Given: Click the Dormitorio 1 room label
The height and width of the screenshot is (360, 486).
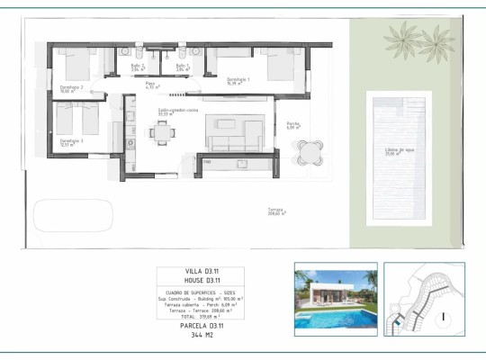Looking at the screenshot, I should click(238, 80).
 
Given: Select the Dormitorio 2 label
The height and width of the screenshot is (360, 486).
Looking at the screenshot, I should click(71, 87).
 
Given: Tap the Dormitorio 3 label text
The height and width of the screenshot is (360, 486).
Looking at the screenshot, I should click(71, 141).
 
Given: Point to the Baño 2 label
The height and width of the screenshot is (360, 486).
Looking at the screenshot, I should click(137, 66).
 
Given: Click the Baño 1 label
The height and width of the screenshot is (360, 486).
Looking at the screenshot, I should click(182, 66).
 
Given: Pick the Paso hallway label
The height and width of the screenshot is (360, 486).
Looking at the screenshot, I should click(151, 85).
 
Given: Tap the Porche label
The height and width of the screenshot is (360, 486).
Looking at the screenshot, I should click(293, 124).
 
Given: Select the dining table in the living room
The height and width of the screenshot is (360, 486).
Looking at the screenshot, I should click(163, 134).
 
